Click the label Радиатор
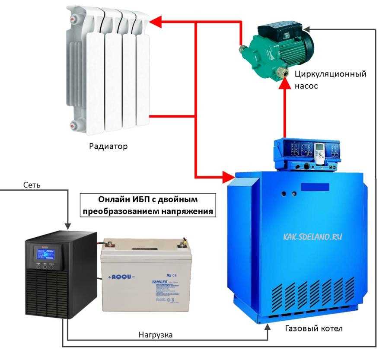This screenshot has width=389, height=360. pyautogui.click(x=108, y=146)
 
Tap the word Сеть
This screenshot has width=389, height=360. pyautogui.click(x=32, y=185)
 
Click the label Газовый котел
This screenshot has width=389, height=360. pyautogui.click(x=314, y=328)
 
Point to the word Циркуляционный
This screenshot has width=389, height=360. pyautogui.click(x=330, y=74)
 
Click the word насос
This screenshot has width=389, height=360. pyautogui.click(x=306, y=86)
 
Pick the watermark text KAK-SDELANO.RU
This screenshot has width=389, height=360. pyautogui.click(x=313, y=236)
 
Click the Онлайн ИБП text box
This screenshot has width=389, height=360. pyautogui.click(x=148, y=205)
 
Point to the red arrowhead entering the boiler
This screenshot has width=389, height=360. pyautogui.click(x=229, y=176)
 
